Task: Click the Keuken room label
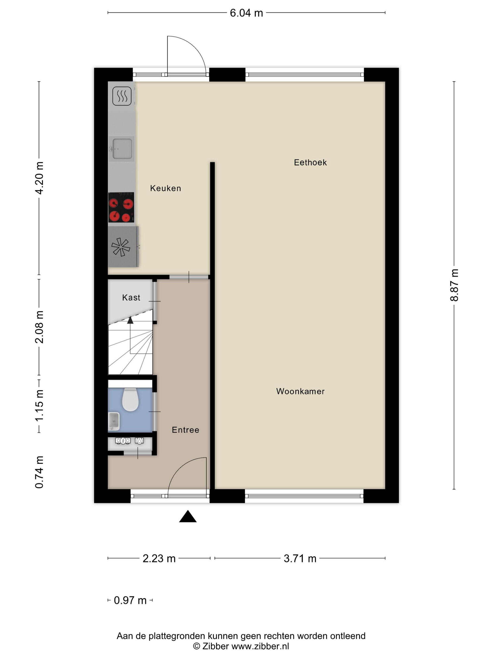pos(166,188)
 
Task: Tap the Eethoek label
pos(310,162)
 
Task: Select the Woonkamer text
pos(300,391)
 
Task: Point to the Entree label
pos(185,430)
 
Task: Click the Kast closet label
pos(131,298)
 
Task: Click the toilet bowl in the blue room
pos(131,399)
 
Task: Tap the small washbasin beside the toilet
pos(114,421)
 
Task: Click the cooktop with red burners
pos(121,207)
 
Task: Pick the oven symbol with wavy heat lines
pos(122,96)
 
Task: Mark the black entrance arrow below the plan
pos(188,516)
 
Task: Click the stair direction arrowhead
pos(130,320)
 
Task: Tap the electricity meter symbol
pos(123,441)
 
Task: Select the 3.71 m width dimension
pos(300,559)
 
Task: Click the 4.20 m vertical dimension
pos(39,178)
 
